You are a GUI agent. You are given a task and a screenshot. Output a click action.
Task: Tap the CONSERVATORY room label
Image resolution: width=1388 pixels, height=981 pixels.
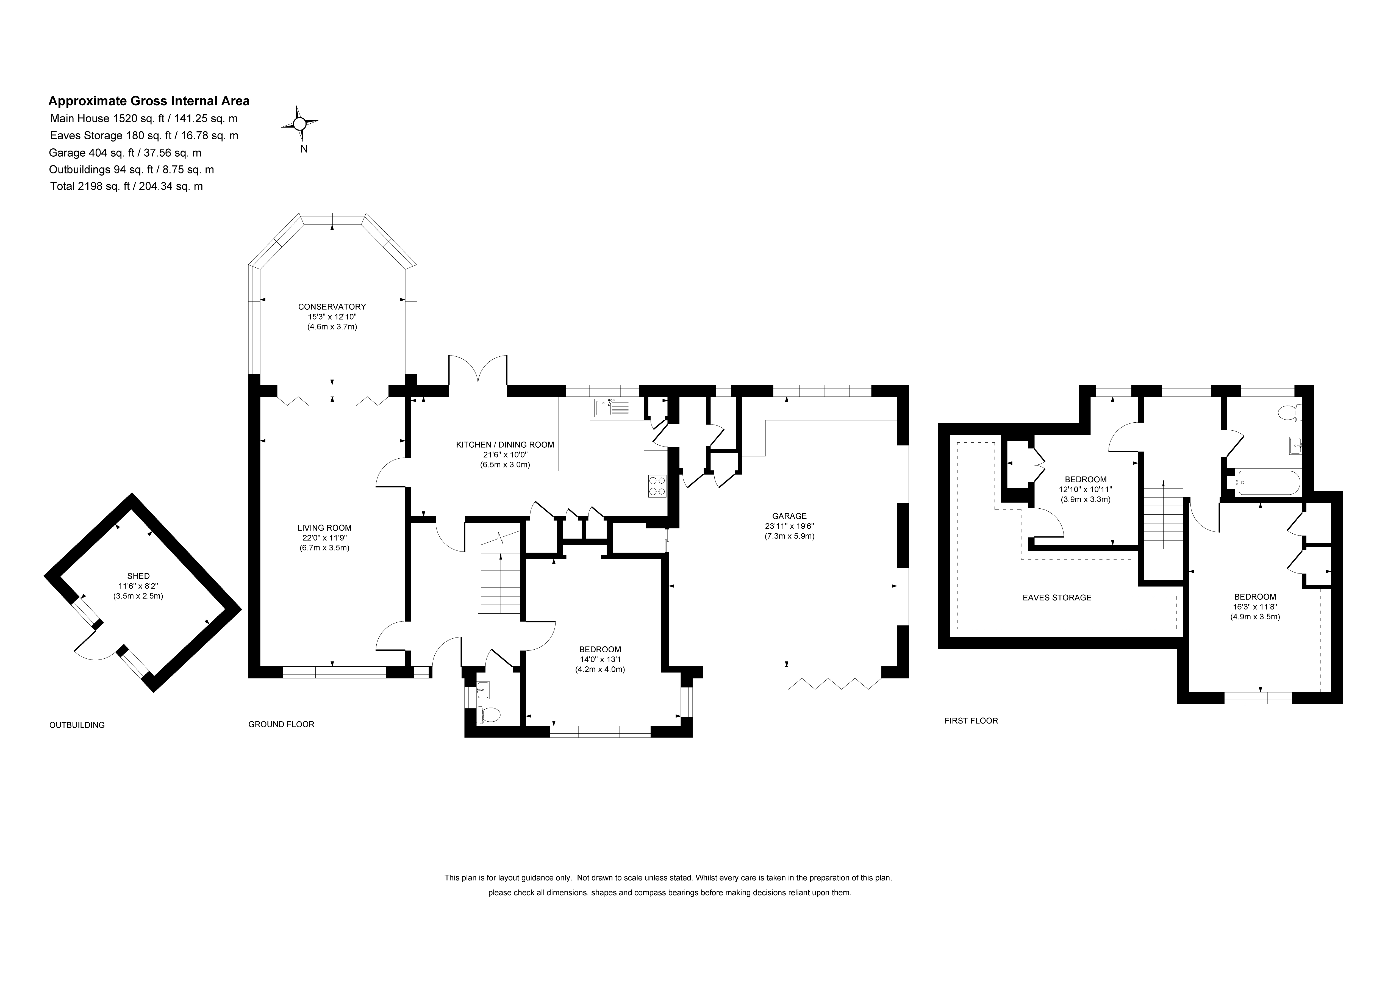point(332,307)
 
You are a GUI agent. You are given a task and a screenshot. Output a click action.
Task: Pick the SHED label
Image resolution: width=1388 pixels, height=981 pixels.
point(138,576)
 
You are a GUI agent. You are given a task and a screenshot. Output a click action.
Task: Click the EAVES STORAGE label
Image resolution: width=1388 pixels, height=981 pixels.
point(1057,598)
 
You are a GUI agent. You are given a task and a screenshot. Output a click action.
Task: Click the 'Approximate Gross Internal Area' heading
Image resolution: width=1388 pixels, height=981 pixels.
point(149,101)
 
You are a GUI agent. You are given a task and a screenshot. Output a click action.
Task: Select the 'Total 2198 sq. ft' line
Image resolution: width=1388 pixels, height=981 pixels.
point(126,186)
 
